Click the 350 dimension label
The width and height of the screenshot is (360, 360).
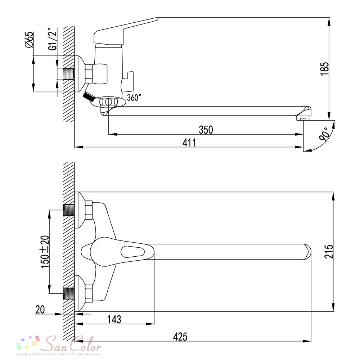pos(206,130)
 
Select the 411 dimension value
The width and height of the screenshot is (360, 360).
pos(189,143)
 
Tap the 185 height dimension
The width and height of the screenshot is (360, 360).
pos(324,69)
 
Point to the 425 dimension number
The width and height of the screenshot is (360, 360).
pos(180,337)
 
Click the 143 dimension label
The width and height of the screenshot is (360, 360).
pos(114,319)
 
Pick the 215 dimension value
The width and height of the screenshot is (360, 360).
pos(329,251)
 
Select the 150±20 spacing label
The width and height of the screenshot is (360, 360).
pos(45,252)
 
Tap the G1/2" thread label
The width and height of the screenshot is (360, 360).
pos(53,39)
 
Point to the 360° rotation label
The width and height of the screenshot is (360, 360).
pos(134,98)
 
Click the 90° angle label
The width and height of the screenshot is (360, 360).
pos(324,134)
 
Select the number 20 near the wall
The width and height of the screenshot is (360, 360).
pos(40,310)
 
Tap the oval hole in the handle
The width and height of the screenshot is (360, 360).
pos(133,252)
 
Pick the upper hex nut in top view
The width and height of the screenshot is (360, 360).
pos(89,210)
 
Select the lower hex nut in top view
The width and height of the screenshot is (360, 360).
pos(89,293)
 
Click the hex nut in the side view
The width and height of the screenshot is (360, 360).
pos(89,73)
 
